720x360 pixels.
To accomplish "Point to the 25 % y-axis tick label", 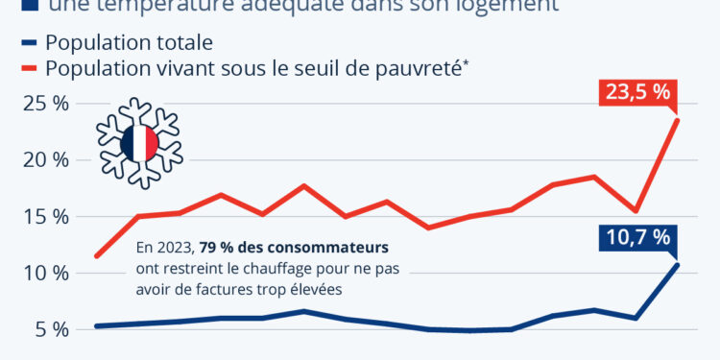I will click(x=46, y=103).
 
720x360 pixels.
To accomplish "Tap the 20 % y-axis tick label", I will click(x=46, y=159).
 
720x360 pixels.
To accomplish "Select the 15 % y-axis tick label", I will click(x=46, y=216).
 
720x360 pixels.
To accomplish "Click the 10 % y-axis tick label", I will click(x=46, y=273).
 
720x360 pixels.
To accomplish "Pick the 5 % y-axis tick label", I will click(x=51, y=329).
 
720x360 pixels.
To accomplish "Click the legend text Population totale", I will click(x=129, y=43).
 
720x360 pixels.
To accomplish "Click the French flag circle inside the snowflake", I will click(x=140, y=143).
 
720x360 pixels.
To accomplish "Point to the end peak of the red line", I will click(x=678, y=119).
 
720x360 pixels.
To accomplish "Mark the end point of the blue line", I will click(x=678, y=264).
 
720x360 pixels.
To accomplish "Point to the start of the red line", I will click(x=96, y=256).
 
